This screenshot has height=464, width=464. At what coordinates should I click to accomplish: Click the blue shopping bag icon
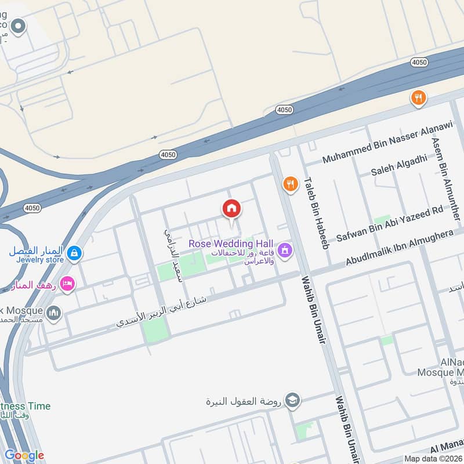pos(74,253)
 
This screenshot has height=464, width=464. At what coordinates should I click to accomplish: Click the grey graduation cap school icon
pos(293,401)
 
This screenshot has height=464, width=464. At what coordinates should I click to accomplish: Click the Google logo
pos(24,455)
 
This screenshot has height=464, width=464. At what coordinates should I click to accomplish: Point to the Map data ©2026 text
pos(433,458)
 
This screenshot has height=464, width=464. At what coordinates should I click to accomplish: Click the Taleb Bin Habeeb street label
pos(317,212)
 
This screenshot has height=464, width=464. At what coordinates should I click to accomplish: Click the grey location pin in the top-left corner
pos(19,26)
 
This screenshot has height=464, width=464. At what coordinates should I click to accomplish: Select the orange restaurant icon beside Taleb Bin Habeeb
pos(290,185)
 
